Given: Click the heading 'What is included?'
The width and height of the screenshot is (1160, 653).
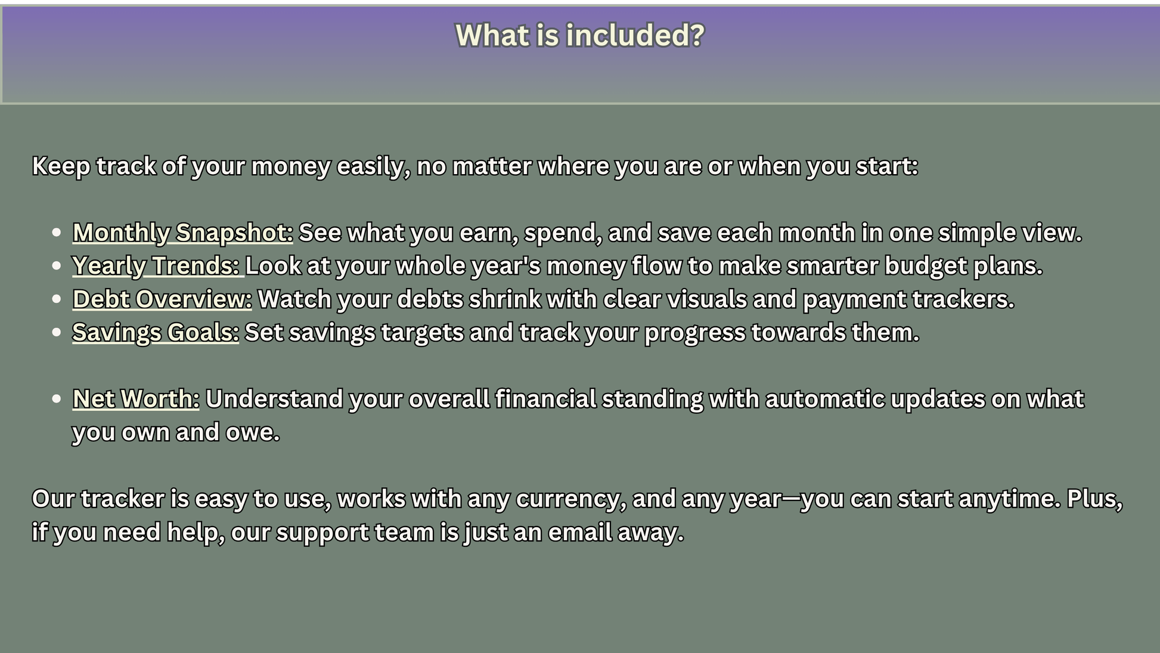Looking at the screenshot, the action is tap(580, 35).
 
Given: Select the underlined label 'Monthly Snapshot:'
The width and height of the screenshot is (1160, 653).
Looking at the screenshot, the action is tap(182, 233).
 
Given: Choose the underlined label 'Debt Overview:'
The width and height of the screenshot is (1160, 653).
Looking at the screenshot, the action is tap(162, 299).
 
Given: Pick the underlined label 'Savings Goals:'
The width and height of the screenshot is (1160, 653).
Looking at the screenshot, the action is tap(156, 333).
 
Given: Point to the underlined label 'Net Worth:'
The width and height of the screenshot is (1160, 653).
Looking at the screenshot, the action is tap(136, 399).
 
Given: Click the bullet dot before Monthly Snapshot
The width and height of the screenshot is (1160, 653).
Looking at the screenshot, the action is tap(57, 233).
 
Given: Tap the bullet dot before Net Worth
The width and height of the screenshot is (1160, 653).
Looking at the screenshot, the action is tap(57, 399).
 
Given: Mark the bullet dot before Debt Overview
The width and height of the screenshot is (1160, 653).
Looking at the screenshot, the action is tap(57, 299).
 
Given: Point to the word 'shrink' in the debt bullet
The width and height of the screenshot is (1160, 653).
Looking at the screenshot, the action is tap(505, 299).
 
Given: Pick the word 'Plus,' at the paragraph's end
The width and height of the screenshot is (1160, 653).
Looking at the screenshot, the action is tap(1095, 499).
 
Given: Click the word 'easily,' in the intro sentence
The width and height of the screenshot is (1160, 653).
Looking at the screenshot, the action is tap(374, 166).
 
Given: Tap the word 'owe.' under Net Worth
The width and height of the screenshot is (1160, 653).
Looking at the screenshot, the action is tap(253, 432).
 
